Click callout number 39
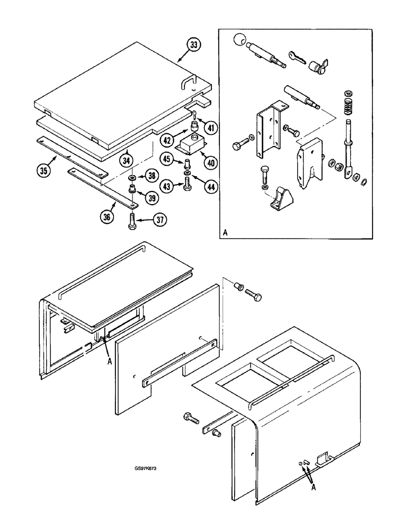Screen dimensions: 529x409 (153, 198)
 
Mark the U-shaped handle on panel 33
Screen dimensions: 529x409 (189, 83)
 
